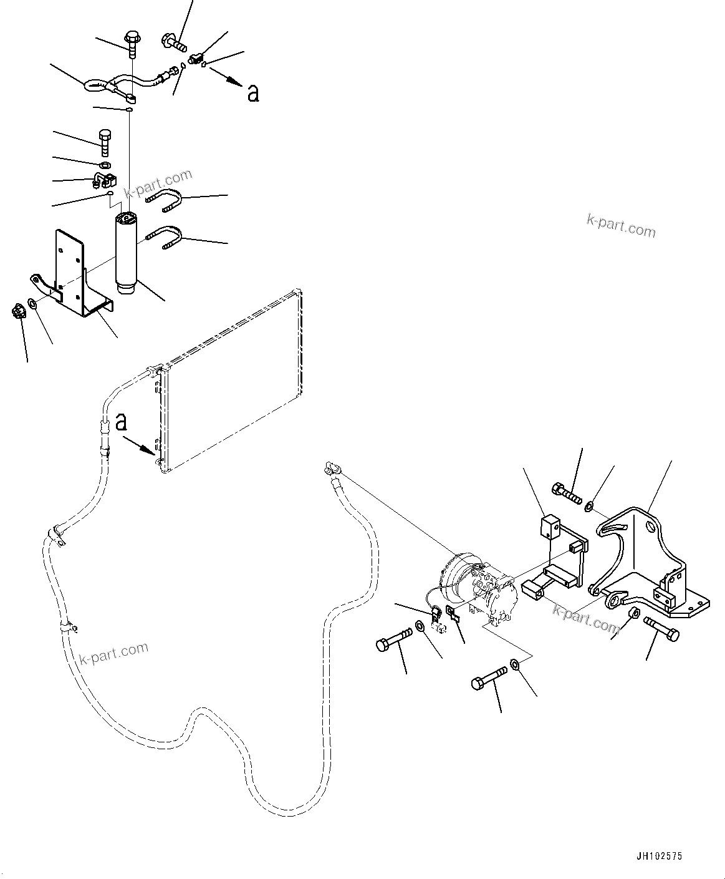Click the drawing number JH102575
click(660, 856)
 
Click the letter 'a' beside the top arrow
click(252, 93)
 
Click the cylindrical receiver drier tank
click(129, 253)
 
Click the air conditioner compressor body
click(480, 586)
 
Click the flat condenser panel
click(231, 381)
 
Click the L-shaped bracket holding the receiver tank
click(78, 274)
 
